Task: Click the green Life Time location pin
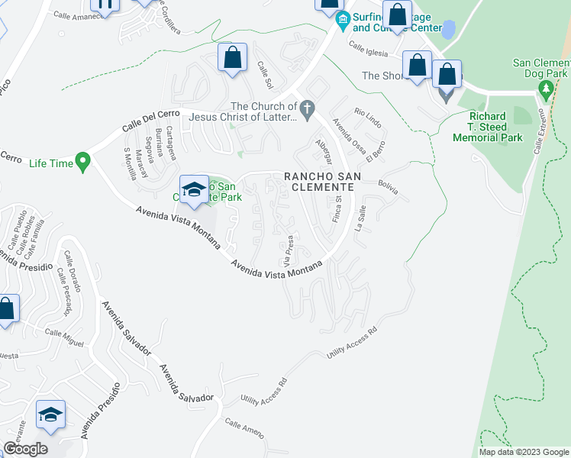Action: (84, 162)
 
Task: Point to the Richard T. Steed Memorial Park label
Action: (487, 127)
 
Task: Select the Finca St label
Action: (336, 208)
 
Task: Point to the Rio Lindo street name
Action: (367, 117)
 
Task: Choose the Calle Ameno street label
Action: (244, 427)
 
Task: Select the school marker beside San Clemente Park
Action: (194, 190)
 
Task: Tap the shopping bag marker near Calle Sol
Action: (232, 58)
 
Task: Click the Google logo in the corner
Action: (26, 448)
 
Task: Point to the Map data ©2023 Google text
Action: (523, 452)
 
